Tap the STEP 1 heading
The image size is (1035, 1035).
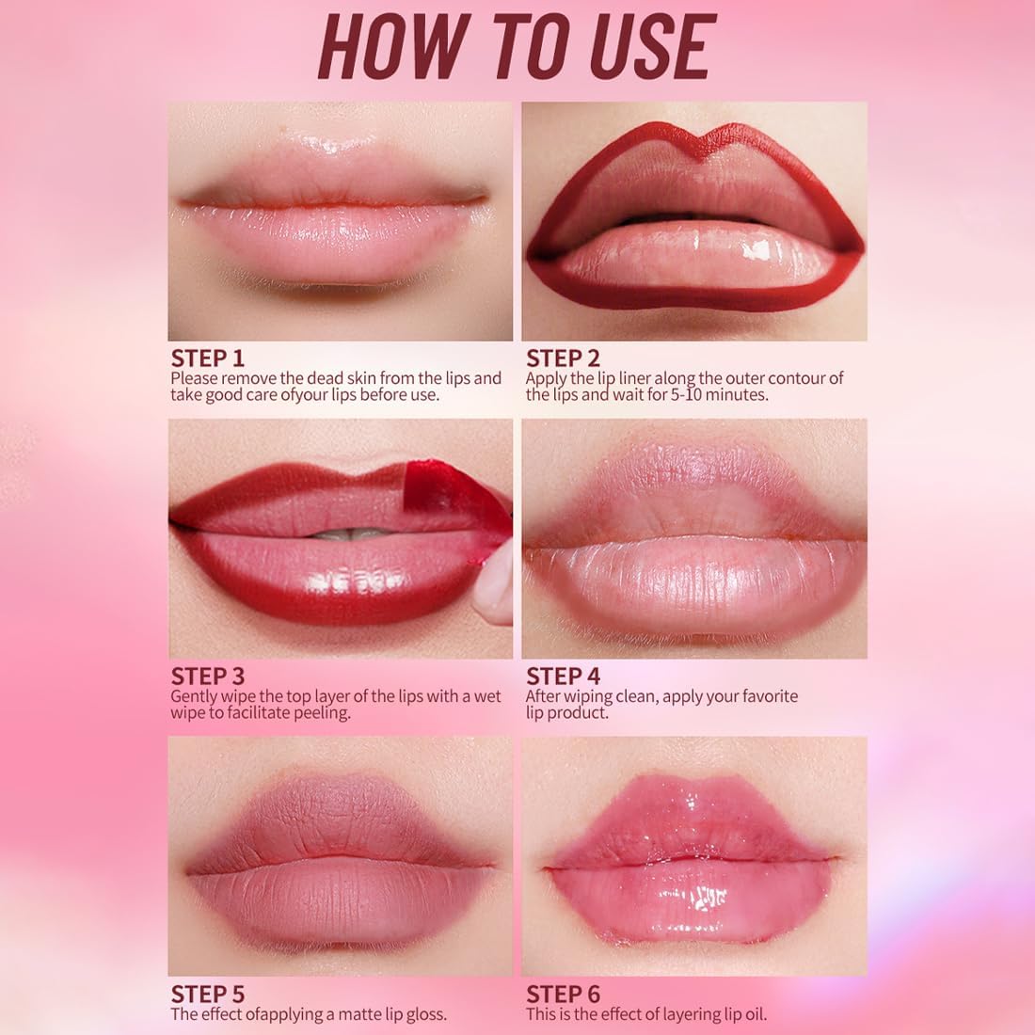click(207, 358)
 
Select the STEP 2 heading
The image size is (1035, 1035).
click(563, 358)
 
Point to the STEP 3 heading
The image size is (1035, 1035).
click(207, 677)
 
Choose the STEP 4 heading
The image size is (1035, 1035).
click(563, 677)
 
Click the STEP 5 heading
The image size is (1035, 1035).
click(207, 995)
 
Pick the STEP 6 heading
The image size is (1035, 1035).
click(563, 995)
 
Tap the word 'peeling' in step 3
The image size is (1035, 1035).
click(321, 713)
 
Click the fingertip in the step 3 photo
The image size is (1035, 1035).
click(494, 588)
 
